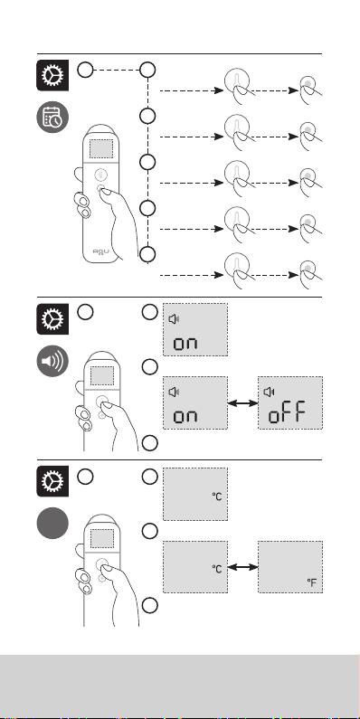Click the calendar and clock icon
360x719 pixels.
pos(52,118)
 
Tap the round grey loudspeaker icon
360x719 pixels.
pos(52,361)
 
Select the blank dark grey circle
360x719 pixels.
pos(52,524)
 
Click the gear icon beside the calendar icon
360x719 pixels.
pos(52,75)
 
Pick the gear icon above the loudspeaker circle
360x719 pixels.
pos(52,318)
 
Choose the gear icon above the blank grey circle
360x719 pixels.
pos(52,481)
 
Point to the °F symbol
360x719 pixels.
pos(312,582)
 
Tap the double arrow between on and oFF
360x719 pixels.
pos(243,403)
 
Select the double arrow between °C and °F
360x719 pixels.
pos(243,567)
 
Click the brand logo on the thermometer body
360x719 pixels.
pos(100,251)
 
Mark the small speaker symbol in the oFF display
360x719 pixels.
pos(270,392)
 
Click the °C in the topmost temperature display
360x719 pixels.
pos(217,497)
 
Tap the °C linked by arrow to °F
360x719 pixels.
pos(217,569)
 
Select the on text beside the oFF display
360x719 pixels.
pos(185,416)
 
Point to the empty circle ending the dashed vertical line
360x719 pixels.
pos(147,254)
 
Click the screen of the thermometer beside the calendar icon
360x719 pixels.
pos(101,148)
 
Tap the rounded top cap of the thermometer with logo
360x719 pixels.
pos(101,130)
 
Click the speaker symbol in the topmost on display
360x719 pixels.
pos(175,319)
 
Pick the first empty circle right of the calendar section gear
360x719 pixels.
pos(85,71)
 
